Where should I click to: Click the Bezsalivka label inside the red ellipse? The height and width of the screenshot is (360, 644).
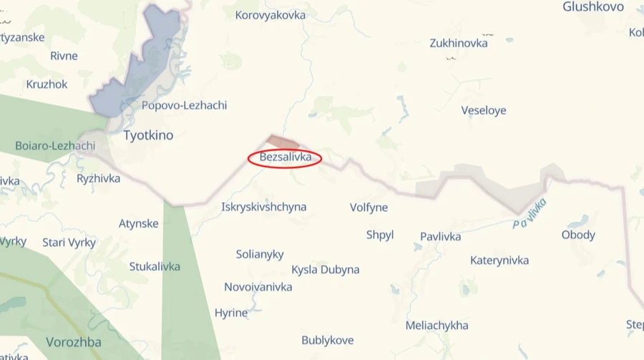[x=285, y=157]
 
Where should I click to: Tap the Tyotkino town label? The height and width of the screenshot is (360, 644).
[x=148, y=135]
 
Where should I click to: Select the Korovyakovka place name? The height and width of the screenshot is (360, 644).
[x=270, y=15]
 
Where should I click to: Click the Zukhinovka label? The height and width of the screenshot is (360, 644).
[x=459, y=43]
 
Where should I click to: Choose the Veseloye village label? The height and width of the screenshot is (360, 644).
[x=484, y=110]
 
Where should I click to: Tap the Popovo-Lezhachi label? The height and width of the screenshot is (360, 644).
[x=184, y=105]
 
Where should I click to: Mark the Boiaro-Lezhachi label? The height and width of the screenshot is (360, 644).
[x=55, y=146]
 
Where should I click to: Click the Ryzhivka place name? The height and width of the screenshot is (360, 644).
[x=99, y=178]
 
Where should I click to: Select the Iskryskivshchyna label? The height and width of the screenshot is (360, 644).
[x=264, y=207]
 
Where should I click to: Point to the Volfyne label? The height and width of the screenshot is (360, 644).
[x=369, y=208]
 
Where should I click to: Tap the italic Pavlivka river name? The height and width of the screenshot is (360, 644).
[x=530, y=213]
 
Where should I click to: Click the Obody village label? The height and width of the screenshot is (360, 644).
[x=578, y=235]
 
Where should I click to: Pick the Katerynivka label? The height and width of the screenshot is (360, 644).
[x=499, y=260]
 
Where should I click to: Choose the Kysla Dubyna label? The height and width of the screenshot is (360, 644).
[x=326, y=270]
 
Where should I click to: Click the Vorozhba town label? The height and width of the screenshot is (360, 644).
[x=74, y=342]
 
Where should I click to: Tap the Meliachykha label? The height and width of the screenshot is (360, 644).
[x=437, y=326]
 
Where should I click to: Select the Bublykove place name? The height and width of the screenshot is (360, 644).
[x=328, y=340]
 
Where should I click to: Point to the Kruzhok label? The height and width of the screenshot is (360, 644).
[x=47, y=84]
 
